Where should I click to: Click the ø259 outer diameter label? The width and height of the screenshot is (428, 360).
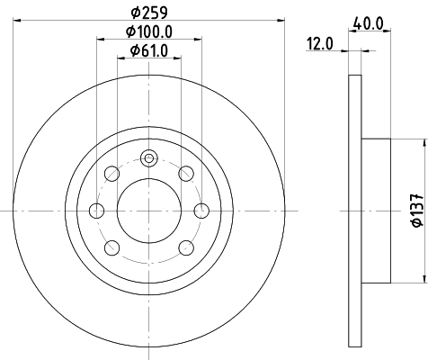[x=149, y=13]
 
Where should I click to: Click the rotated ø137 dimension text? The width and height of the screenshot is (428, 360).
[x=416, y=210]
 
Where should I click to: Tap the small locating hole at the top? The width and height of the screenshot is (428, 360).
[x=148, y=158]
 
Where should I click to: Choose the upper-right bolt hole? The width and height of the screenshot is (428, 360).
[x=186, y=173]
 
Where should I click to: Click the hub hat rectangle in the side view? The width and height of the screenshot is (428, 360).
[x=376, y=210]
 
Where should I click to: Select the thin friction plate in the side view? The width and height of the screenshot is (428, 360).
[x=353, y=210]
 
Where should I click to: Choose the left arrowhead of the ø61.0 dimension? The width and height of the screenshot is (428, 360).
[x=121, y=58]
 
